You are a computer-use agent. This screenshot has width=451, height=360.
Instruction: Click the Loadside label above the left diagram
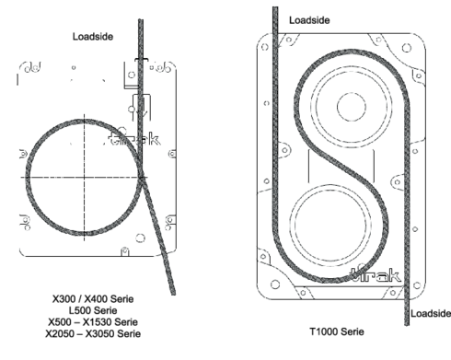(93, 37)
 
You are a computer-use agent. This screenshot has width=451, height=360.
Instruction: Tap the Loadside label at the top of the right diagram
(309, 20)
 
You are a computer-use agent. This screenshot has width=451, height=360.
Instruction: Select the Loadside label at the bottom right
(431, 313)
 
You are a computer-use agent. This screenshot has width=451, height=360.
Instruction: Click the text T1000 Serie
(337, 331)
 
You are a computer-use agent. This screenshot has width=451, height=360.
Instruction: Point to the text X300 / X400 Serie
(93, 298)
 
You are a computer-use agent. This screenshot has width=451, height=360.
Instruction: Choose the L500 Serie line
(93, 310)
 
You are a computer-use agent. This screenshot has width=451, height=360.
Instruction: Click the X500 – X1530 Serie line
(93, 322)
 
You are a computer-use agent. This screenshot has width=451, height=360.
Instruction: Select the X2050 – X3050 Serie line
(93, 333)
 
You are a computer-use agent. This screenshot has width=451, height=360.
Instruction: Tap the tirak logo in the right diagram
(376, 275)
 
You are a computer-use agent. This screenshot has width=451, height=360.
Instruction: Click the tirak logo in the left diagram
(134, 139)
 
